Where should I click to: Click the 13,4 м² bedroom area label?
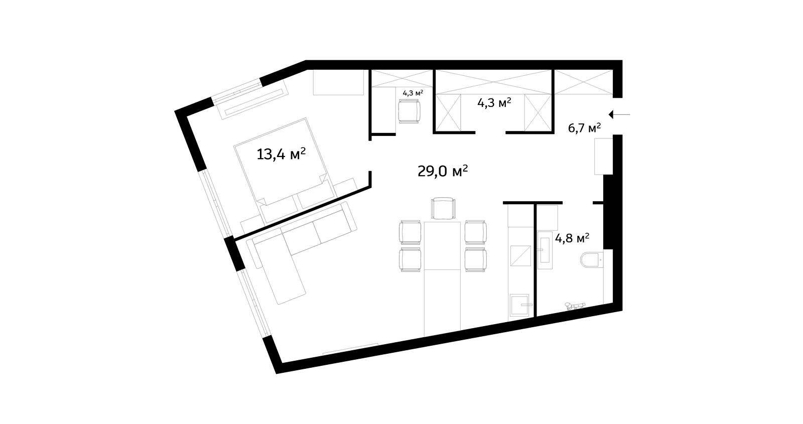coord(281,154)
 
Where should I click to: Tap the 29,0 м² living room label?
coord(442,171)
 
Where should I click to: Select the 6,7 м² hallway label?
coord(584,127)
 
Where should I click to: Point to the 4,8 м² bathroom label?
coord(572,238)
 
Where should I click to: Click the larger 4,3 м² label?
coord(494,103)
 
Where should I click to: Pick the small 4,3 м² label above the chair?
coord(413,93)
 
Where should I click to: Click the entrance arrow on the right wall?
coord(619,114)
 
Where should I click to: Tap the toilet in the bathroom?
coord(592,260)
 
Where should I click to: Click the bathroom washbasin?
coord(545,250)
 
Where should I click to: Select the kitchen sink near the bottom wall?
coord(519,305)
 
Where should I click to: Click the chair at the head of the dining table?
coord(444,208)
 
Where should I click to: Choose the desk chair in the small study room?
coord(409,111)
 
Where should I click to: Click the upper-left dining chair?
coord(410,232)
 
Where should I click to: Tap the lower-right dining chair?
coord(476,259)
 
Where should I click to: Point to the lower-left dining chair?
coord(410,259)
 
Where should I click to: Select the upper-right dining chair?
coord(476,232)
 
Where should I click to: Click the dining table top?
coord(442,245)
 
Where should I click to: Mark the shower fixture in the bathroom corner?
coord(575,306)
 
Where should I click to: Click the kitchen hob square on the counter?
coord(520,255)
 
